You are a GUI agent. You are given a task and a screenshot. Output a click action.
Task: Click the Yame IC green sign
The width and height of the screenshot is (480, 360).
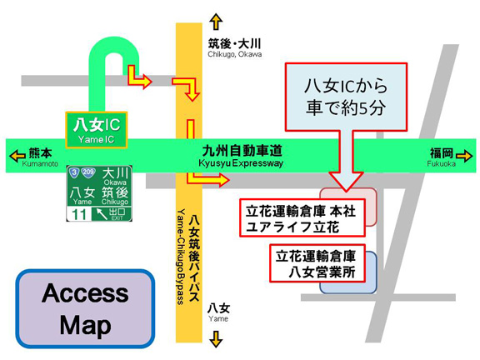tap(97, 130)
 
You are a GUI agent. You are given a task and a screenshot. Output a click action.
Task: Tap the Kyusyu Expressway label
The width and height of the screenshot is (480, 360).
tap(241, 162)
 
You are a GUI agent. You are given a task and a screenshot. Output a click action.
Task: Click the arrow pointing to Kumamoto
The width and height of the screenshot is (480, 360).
tap(17, 156)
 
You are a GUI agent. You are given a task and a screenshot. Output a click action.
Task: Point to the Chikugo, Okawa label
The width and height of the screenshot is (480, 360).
tap(235, 54)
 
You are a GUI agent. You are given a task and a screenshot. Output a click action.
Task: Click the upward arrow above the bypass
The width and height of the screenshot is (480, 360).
tap(216, 22)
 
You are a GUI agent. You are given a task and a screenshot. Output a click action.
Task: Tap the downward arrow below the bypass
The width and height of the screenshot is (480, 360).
tap(216, 339)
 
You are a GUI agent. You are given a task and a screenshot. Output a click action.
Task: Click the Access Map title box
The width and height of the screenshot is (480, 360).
tap(85, 308)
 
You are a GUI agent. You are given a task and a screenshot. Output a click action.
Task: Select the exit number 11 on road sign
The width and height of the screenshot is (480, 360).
tap(78, 214)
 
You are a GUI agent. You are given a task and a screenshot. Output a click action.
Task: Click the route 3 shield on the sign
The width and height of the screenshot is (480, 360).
tap(74, 172)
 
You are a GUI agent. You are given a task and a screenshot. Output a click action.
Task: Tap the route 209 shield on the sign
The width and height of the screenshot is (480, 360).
tap(88, 172)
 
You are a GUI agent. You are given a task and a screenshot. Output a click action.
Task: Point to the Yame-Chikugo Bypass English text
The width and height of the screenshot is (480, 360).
tap(181, 257)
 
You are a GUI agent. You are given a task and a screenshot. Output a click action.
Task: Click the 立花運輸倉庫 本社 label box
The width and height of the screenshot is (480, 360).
tap(302, 217)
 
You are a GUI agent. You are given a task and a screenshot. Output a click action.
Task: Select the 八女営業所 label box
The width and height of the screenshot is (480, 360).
tap(317, 263)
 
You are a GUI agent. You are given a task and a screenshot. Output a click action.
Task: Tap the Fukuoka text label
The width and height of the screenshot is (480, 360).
tap(441, 164)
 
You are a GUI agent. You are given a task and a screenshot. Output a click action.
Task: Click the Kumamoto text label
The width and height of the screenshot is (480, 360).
tap(40, 164)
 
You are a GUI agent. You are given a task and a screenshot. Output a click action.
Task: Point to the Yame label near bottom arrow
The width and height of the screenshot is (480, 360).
tap(218, 318)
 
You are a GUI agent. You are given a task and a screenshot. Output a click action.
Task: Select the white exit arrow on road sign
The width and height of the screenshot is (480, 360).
tap(102, 213)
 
